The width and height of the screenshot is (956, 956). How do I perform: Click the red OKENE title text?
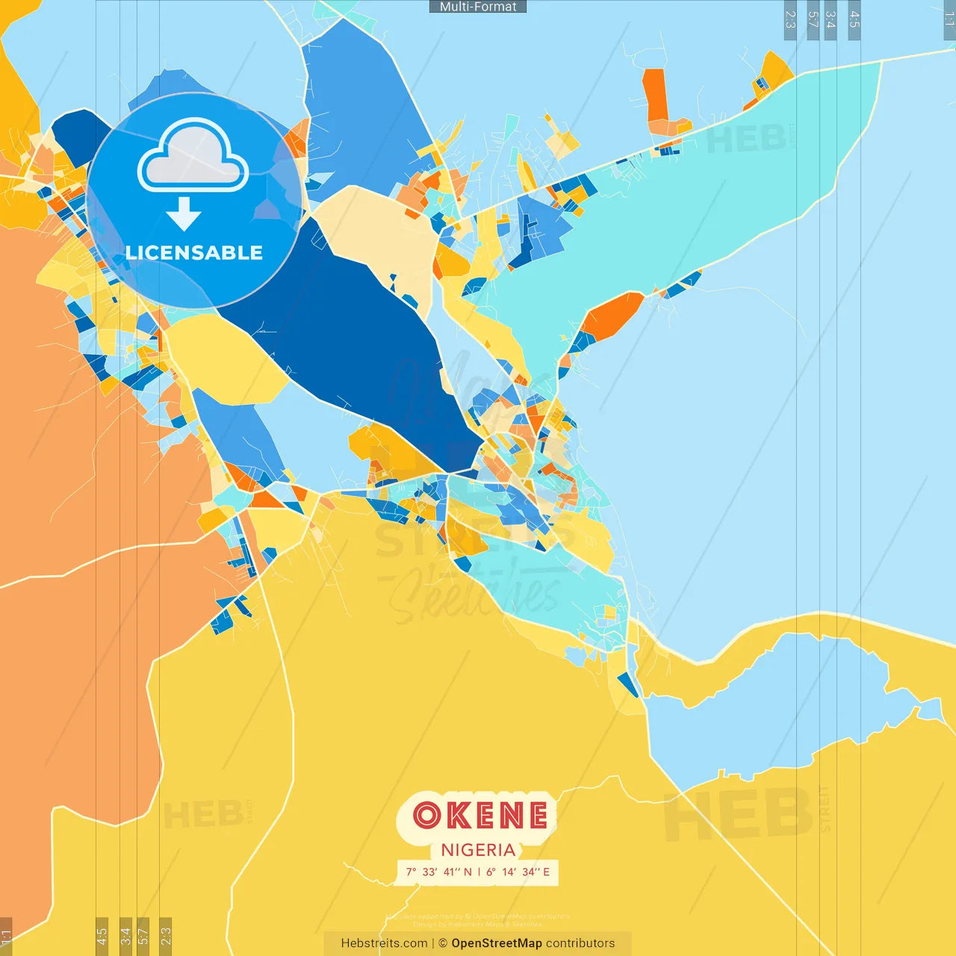(x=479, y=816)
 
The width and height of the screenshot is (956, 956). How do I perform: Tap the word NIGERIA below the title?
(x=478, y=850)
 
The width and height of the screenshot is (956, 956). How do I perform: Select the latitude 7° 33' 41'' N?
(x=439, y=872)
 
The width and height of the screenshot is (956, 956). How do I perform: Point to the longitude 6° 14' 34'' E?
(x=518, y=872)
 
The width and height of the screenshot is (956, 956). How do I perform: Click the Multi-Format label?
(x=478, y=7)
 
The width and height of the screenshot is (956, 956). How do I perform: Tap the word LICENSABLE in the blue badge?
(x=194, y=252)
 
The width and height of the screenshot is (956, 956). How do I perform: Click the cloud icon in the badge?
(x=193, y=155)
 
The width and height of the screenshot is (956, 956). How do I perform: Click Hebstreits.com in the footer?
(x=384, y=943)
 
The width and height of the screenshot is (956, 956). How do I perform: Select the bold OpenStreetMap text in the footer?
(x=497, y=943)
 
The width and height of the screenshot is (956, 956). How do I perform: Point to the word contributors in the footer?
(x=580, y=943)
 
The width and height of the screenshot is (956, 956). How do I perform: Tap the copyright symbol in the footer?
(x=443, y=943)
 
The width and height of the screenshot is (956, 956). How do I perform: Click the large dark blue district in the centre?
(x=358, y=336)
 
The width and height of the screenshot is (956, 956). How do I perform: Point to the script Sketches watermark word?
(x=478, y=594)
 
